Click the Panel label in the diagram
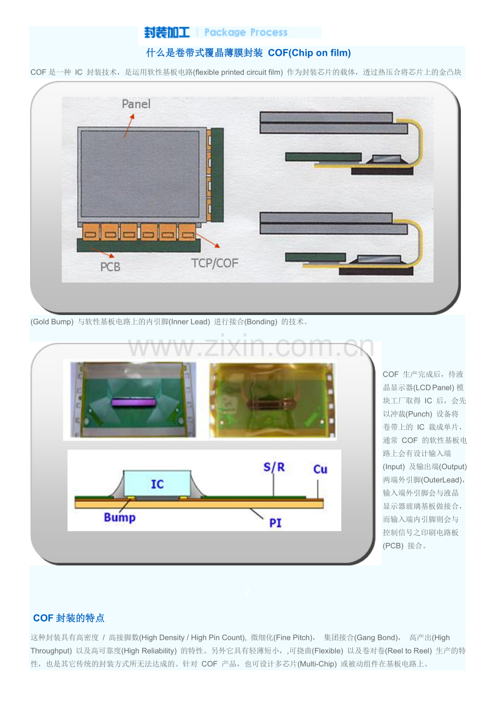pos(136,104)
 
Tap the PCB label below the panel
pos(110,267)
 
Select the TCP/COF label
pos(214,263)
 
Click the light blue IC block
pos(157,483)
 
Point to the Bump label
pos(120,517)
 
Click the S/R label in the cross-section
pos(274,467)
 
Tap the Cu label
pos(320,469)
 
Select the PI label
pos(275,523)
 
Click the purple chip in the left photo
pos(134,402)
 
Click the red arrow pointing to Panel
pos(129,126)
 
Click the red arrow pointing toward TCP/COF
pos(208,240)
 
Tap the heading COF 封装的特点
pos(69,618)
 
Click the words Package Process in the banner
pos(245,32)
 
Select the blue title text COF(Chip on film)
pos(309,52)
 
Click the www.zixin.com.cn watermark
pos(251,346)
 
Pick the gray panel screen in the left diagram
pos(140,174)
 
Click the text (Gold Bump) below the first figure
pos(52,322)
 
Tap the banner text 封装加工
pos(167,32)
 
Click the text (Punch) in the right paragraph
pos(419,414)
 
